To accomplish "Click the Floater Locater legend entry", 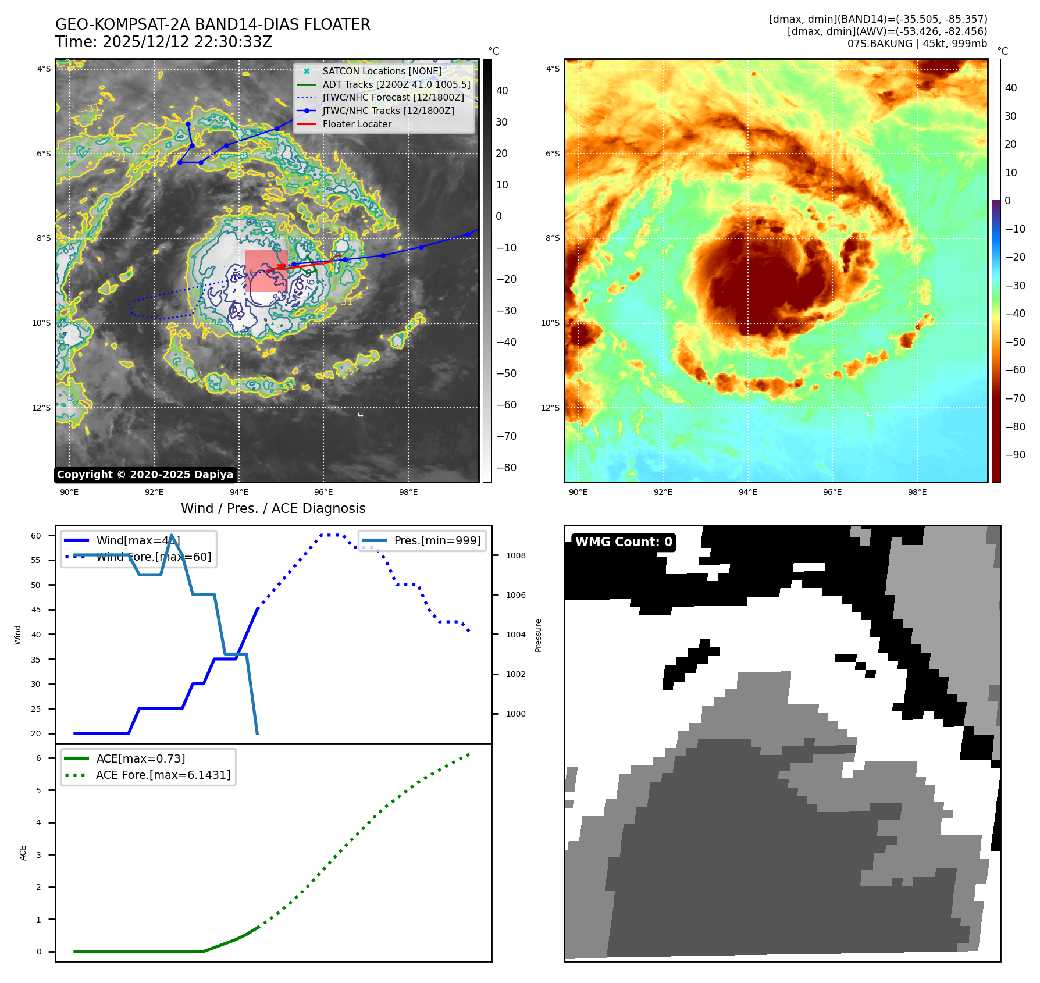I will [x=357, y=124].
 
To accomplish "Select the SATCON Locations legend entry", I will [x=382, y=71].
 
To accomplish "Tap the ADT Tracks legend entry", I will [x=396, y=84].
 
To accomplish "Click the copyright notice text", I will [x=145, y=475].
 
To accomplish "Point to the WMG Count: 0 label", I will [x=624, y=542].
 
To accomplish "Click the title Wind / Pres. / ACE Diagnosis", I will [x=273, y=508].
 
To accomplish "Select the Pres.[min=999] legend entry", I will [x=437, y=540].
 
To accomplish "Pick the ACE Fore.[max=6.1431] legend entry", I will [x=163, y=775].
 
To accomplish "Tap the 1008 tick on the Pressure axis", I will [x=515, y=555].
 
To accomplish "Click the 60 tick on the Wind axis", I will [x=36, y=536].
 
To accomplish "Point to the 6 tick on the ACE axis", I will [x=38, y=758].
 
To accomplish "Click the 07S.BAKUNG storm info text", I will [x=917, y=44].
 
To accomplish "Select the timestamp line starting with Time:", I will [x=163, y=42].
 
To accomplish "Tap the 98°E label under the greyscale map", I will [x=408, y=492].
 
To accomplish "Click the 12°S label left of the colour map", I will [x=550, y=408].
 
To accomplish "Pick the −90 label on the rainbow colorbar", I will [x=1016, y=455].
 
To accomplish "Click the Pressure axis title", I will [x=538, y=635].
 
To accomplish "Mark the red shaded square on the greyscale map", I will [x=266, y=270].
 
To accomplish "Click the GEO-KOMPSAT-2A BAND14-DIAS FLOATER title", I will [x=212, y=24].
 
